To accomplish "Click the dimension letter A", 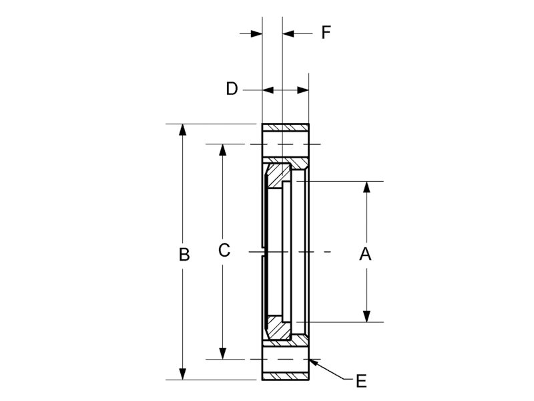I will click(x=365, y=253).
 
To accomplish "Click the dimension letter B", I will click(x=185, y=255).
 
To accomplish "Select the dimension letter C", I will click(x=224, y=251).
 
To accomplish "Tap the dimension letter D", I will click(x=232, y=89).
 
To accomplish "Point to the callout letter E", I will click(x=361, y=381).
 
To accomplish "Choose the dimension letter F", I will click(x=326, y=32).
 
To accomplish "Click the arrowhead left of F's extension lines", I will click(x=256, y=33).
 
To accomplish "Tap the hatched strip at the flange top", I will click(x=286, y=128).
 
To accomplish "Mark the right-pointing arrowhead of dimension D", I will click(x=303, y=89).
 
